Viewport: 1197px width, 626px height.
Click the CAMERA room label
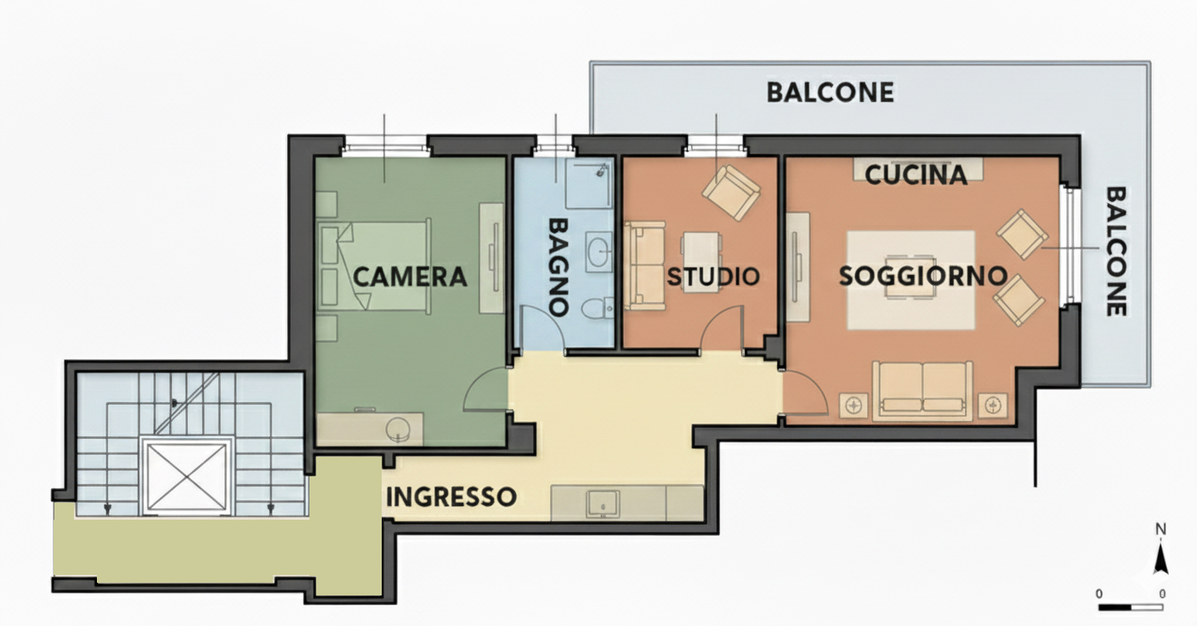pos(410,277)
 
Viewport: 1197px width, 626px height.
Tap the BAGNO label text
pos(558,267)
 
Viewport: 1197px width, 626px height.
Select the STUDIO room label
pos(713,276)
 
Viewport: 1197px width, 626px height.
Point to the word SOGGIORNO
pos(923,276)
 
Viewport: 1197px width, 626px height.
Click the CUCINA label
pos(916,175)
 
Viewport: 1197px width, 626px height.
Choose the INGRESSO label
pos(451,498)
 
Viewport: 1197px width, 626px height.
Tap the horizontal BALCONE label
pos(831,93)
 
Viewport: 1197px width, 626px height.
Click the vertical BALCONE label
pos(1115,251)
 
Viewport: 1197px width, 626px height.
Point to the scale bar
pos(1131,606)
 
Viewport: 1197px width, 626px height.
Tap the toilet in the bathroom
pos(597,309)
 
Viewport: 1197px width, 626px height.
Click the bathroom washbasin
pos(599,253)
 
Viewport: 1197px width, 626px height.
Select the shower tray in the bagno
pos(589,184)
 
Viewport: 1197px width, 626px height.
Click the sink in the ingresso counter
pos(603,504)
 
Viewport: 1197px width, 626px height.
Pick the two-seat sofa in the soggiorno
pos(922,390)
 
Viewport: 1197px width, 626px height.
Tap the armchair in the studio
pos(731,192)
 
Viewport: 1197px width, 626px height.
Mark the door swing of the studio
pos(722,328)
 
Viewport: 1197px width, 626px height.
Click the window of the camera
pos(386,147)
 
